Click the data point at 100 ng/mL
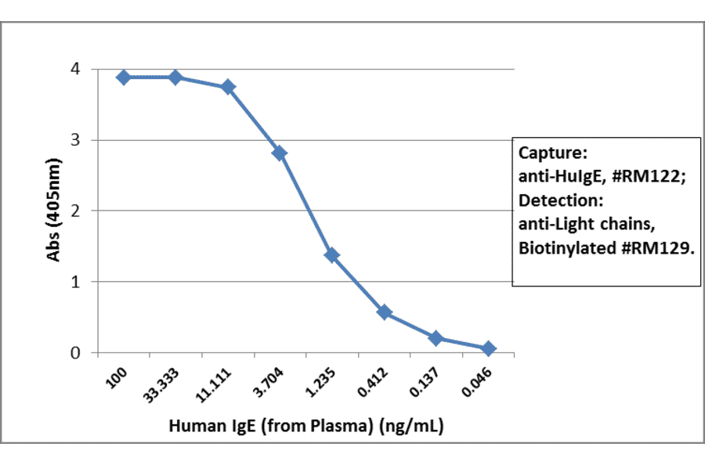(x=123, y=77)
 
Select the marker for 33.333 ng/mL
(x=175, y=77)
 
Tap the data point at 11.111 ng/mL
(x=228, y=86)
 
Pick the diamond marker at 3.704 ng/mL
(x=280, y=153)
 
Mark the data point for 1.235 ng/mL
(x=332, y=254)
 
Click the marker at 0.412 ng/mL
(x=384, y=312)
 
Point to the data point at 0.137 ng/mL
(x=436, y=338)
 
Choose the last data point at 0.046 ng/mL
(x=488, y=348)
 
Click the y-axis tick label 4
(x=74, y=69)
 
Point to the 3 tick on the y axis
(x=74, y=140)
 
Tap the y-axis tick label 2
(x=74, y=211)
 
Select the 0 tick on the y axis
(x=74, y=352)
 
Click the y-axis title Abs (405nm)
(x=52, y=211)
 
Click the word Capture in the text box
(x=548, y=151)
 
